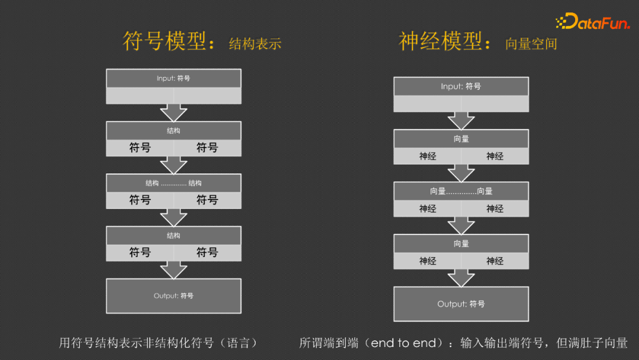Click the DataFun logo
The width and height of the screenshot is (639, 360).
[x=593, y=21]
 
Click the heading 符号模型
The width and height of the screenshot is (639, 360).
[x=164, y=41]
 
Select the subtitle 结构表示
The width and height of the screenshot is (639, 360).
[x=255, y=44]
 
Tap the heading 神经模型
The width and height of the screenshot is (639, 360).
[x=441, y=41]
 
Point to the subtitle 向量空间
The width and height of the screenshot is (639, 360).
[x=531, y=44]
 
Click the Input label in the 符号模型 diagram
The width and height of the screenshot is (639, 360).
[x=173, y=78]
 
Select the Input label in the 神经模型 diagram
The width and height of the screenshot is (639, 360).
[x=461, y=86]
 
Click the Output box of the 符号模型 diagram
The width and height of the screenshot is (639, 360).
[x=173, y=296]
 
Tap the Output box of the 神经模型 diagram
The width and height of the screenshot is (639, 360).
[x=461, y=304]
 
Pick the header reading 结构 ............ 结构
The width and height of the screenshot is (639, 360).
[x=173, y=183]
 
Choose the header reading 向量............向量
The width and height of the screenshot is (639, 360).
[x=461, y=191]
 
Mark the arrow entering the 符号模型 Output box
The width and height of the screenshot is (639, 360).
[x=173, y=270]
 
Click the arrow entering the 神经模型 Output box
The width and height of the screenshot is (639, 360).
[x=461, y=278]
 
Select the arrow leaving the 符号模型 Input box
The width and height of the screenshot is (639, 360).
[x=173, y=112]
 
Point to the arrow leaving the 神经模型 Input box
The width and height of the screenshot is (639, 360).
[x=461, y=121]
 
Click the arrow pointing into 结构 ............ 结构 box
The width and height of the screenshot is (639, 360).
[x=173, y=165]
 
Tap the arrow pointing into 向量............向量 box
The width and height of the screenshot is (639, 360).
[x=461, y=173]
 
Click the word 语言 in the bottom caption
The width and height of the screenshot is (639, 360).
[x=238, y=343]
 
